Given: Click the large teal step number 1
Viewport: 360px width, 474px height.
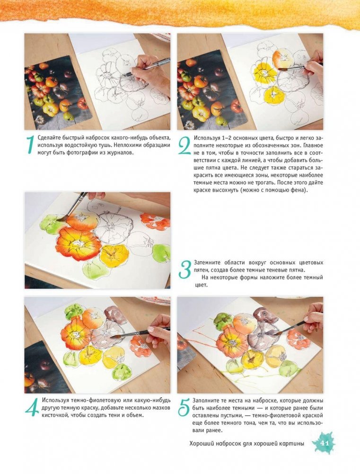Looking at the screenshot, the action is (30, 144).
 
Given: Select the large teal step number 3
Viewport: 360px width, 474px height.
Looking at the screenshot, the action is (185, 269).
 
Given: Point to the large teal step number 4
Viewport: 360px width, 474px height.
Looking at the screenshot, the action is (32, 407).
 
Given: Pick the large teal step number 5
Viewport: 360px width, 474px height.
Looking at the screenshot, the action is (184, 408).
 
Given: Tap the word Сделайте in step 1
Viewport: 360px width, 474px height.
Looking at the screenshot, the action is (48, 138).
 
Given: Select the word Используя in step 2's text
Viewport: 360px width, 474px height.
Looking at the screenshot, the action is (206, 138).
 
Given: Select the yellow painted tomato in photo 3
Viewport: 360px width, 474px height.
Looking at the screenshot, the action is (114, 255).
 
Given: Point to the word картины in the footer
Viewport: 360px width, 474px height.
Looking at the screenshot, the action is (292, 444).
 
